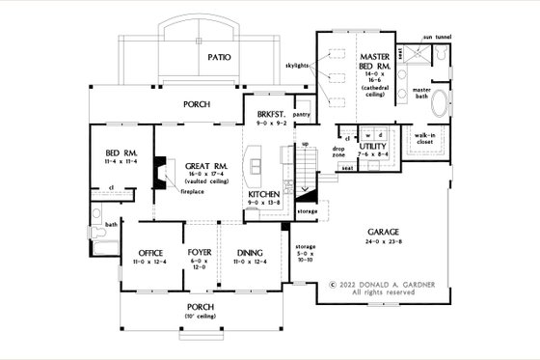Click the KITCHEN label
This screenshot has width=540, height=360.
[263, 194]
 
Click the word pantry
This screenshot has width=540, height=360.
[300, 113]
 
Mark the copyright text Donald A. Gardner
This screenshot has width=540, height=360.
[378, 285]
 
